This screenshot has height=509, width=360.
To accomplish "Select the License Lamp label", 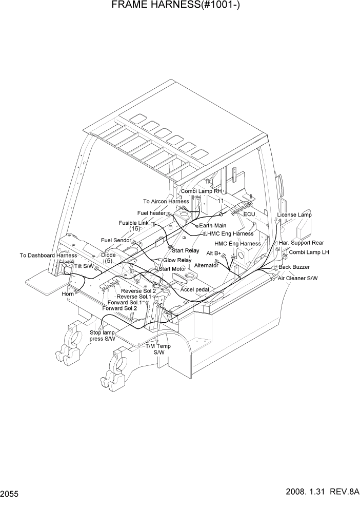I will click(294, 214).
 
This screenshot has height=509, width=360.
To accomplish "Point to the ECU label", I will click(249, 214).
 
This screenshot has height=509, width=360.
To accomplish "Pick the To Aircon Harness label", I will click(166, 202).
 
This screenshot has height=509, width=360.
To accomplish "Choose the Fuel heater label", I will click(151, 213).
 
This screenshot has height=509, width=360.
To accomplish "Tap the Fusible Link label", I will click(133, 223).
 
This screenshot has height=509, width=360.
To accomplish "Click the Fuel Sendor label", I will click(116, 240).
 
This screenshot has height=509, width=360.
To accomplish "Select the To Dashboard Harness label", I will click(48, 255).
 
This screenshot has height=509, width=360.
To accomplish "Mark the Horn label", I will click(68, 294).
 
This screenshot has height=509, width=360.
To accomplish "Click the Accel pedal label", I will click(194, 289).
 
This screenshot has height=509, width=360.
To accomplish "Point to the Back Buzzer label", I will click(294, 267).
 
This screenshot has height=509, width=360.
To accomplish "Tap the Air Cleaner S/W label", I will click(297, 278).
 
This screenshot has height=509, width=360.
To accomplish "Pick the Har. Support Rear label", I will click(301, 242).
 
